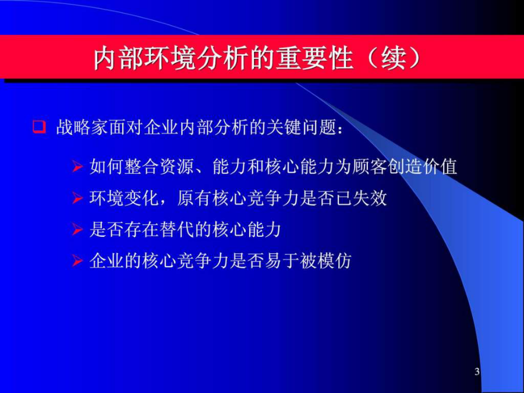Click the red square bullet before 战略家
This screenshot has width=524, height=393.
pyautogui.click(x=39, y=128)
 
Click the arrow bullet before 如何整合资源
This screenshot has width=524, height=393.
pyautogui.click(x=77, y=167)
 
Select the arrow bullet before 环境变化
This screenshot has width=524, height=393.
pyautogui.click(x=77, y=199)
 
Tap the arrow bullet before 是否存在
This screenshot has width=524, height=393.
pyautogui.click(x=77, y=230)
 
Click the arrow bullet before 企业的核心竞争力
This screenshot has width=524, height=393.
pyautogui.click(x=77, y=261)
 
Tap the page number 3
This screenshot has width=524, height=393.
pyautogui.click(x=477, y=371)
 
